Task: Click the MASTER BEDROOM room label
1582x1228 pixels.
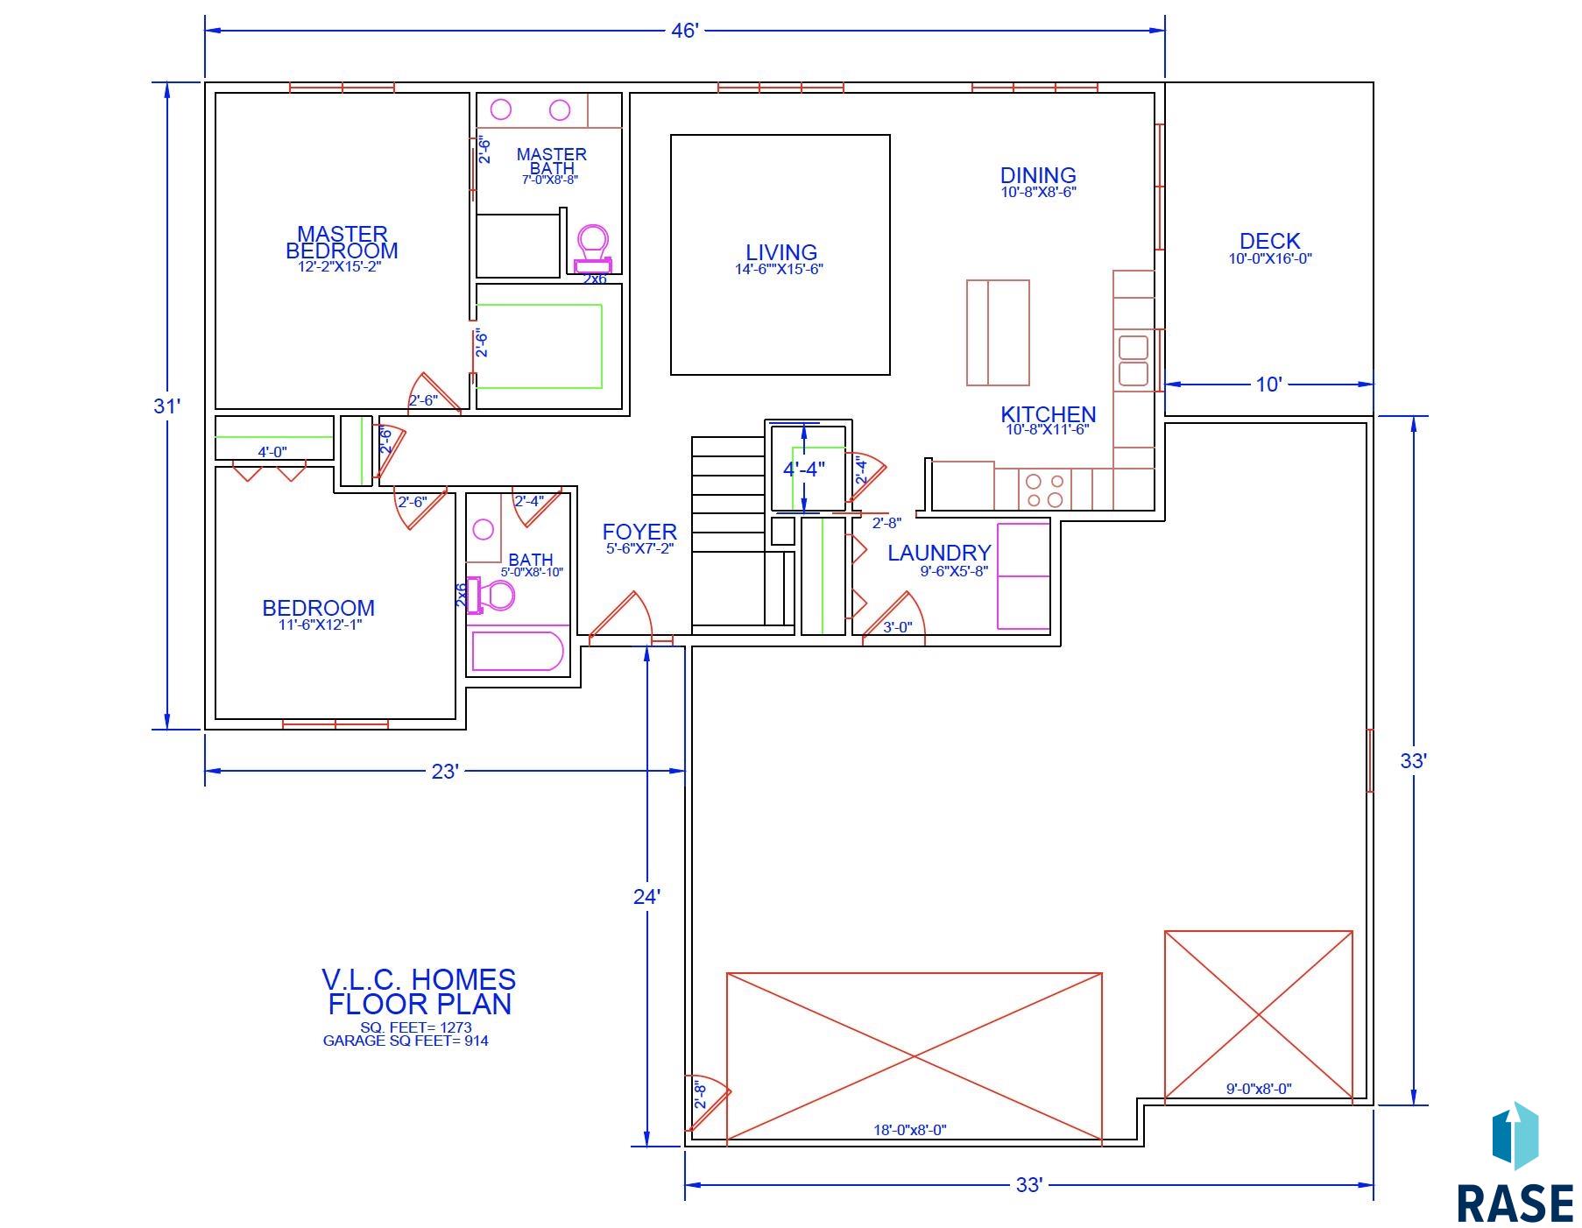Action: pyautogui.click(x=342, y=243)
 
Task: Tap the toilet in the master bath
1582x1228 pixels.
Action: pyautogui.click(x=593, y=246)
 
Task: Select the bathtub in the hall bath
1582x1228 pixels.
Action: pyautogui.click(x=517, y=651)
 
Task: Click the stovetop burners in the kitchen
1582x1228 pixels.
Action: pyautogui.click(x=1045, y=490)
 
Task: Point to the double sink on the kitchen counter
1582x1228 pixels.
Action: pyautogui.click(x=1133, y=360)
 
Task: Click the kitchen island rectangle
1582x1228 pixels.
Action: pyautogui.click(x=998, y=333)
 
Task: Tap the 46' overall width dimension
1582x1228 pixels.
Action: pyautogui.click(x=684, y=31)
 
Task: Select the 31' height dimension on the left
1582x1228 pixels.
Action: pyautogui.click(x=166, y=406)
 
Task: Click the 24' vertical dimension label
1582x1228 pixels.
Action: pyautogui.click(x=646, y=896)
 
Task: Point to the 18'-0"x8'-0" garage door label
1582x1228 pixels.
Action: pyautogui.click(x=909, y=1130)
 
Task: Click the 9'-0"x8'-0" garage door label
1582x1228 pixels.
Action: pyautogui.click(x=1258, y=1089)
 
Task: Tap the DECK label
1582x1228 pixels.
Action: pyautogui.click(x=1269, y=241)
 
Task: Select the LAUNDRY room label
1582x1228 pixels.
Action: pyautogui.click(x=939, y=553)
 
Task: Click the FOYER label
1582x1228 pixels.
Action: pyautogui.click(x=639, y=532)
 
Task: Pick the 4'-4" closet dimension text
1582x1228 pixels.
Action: pyautogui.click(x=804, y=469)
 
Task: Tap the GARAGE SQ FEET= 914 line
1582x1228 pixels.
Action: pyautogui.click(x=406, y=1041)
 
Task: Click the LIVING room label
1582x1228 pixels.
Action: pyautogui.click(x=781, y=253)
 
